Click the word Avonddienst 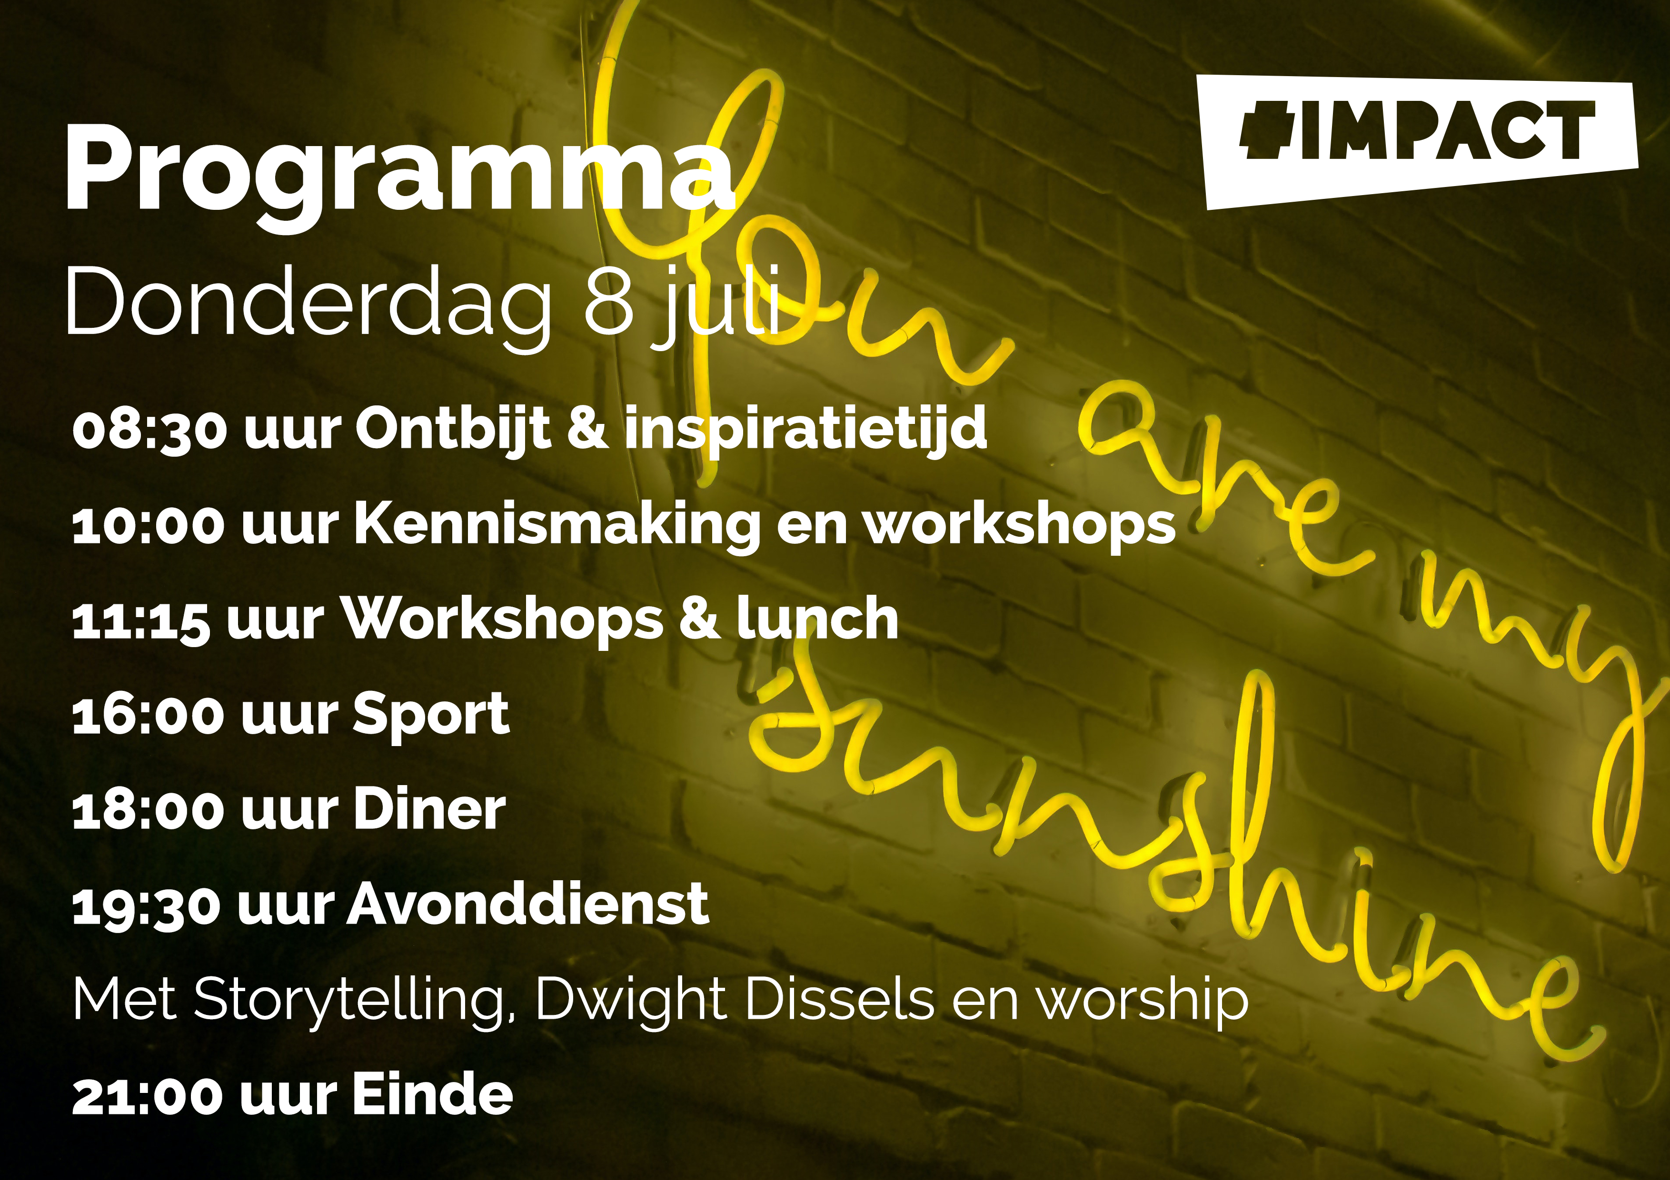(527, 903)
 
